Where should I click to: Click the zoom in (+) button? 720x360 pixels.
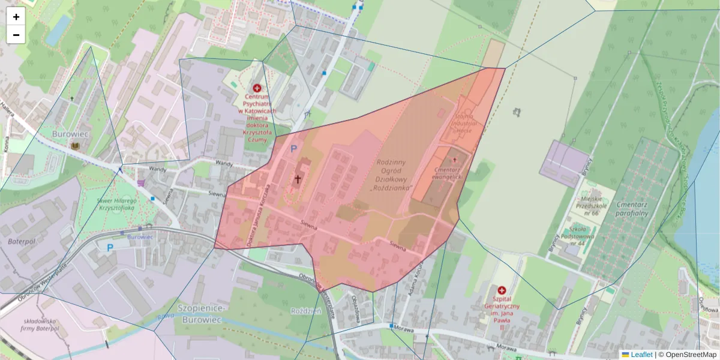coord(16,17)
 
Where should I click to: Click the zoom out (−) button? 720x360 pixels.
coord(16,35)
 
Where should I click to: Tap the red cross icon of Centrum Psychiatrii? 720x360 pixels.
coord(257,88)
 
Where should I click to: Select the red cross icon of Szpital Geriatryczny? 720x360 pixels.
coord(502,290)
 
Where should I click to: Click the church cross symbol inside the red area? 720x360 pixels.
coord(297,179)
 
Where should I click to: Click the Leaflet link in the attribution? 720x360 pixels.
coord(641,355)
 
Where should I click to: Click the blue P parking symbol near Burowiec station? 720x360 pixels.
coord(110,247)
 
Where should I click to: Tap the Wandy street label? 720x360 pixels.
coord(157,170)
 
